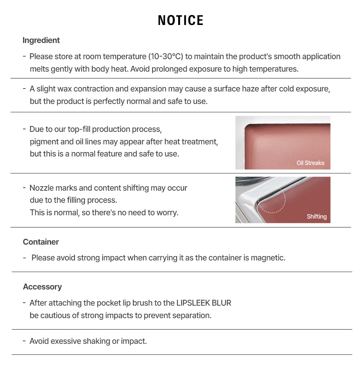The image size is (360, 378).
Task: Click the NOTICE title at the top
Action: pos(180,21)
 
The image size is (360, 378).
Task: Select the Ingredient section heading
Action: pos(41,40)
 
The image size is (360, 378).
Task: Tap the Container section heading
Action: pos(41,242)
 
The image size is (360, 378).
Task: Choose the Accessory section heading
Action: pos(42,287)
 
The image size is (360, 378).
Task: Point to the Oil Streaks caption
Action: pos(310,163)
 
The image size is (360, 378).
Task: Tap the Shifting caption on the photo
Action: pos(317,216)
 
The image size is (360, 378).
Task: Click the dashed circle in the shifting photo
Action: pos(271,199)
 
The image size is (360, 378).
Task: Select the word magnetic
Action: pos(268,258)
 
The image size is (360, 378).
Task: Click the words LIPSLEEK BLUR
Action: pos(204,303)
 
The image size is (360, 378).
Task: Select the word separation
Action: pos(192,316)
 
